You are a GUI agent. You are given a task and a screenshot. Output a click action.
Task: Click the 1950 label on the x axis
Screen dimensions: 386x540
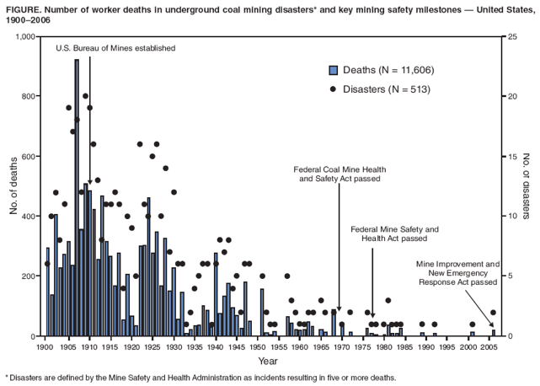[258, 346]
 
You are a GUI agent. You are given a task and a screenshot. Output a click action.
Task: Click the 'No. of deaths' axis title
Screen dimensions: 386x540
[13, 187]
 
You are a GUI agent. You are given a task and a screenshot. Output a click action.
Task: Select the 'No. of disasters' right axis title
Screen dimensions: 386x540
[527, 187]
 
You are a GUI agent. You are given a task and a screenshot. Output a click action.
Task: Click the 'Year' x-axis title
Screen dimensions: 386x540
[268, 361]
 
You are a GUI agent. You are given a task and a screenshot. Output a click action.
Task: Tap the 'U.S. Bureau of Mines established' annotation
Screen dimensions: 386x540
[115, 48]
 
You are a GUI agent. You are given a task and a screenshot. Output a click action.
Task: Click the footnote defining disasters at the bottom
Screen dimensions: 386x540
[200, 378]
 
